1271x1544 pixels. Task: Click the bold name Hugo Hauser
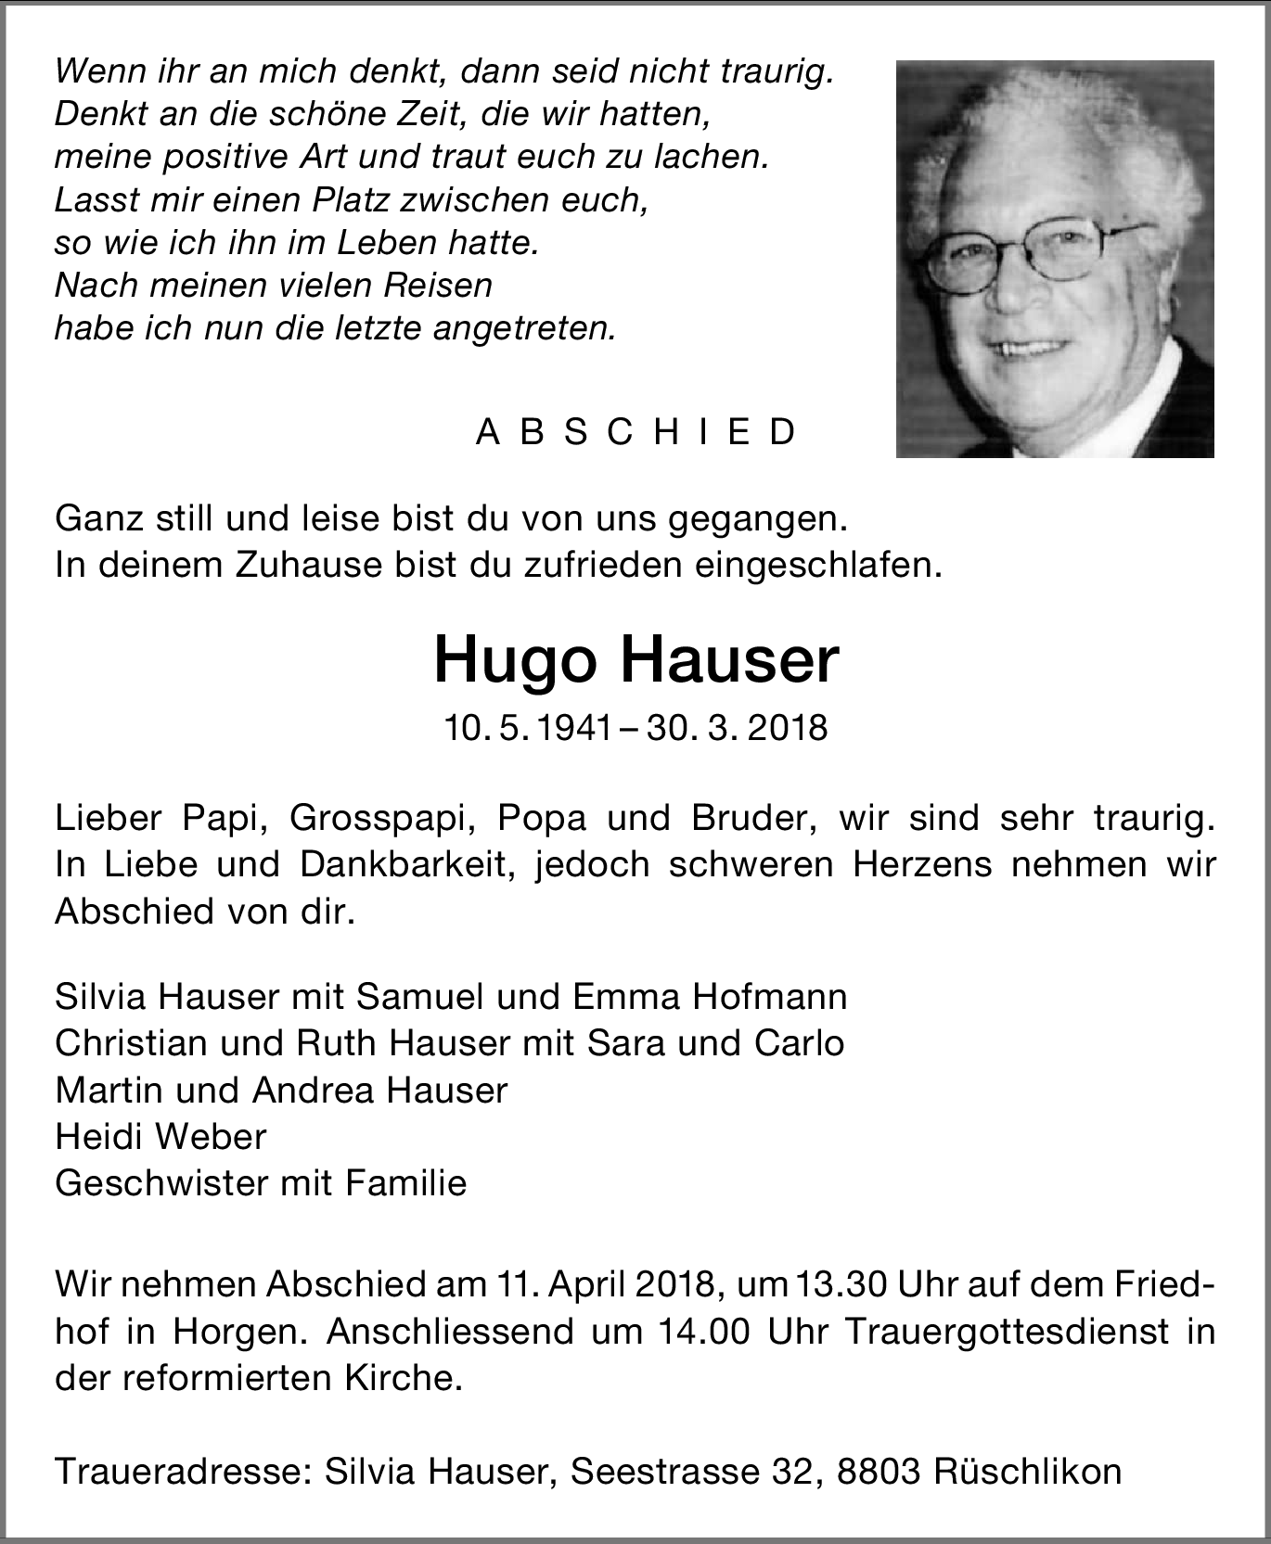point(635,661)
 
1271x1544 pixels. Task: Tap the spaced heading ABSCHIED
point(635,432)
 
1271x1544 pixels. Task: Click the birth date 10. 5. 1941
point(527,728)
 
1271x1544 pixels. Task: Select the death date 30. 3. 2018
point(738,728)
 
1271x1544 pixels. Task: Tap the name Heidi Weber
point(160,1137)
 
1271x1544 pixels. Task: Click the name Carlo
point(799,1043)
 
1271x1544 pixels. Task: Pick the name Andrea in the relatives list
point(315,1091)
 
